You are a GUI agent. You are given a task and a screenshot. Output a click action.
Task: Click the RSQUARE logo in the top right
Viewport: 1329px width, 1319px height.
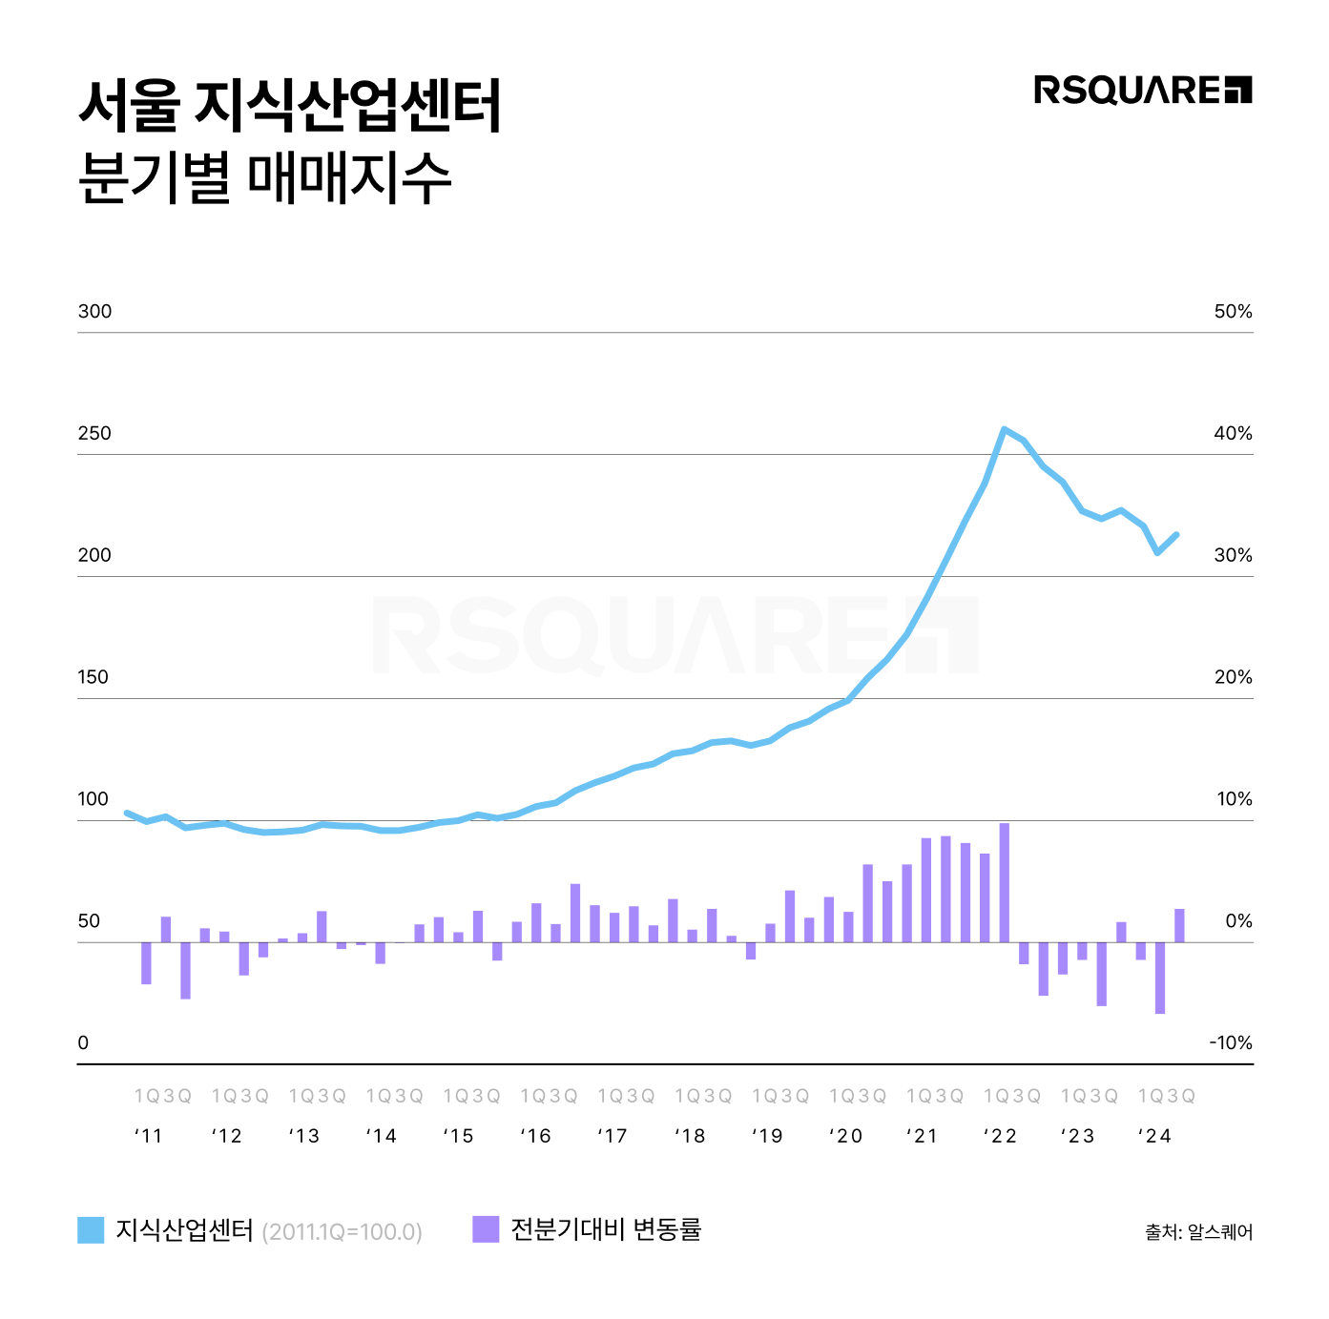[1142, 90]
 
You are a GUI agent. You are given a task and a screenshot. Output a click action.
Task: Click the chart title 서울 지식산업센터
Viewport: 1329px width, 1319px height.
[290, 106]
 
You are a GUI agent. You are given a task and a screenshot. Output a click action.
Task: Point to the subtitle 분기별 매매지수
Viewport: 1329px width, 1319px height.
[264, 177]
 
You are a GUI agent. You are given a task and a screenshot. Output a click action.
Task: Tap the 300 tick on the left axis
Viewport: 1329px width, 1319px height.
[94, 312]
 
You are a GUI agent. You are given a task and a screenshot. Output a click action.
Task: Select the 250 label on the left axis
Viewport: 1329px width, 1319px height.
[94, 434]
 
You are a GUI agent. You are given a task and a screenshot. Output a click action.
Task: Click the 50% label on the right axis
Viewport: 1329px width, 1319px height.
[1233, 312]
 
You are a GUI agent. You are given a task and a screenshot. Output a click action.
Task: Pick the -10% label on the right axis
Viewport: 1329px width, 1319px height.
[1231, 1043]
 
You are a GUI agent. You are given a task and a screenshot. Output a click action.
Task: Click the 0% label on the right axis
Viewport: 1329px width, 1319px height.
[1238, 921]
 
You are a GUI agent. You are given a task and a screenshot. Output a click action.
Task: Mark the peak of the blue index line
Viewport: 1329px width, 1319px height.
[1004, 430]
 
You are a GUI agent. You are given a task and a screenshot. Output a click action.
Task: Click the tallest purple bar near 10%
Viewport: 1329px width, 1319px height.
[1004, 882]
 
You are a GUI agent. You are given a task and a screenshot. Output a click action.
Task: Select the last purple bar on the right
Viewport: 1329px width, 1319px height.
[1179, 925]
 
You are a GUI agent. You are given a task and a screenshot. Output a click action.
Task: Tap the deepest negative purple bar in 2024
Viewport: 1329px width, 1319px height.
[1160, 978]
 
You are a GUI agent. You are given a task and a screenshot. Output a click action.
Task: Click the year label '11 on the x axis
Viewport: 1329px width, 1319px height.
[149, 1136]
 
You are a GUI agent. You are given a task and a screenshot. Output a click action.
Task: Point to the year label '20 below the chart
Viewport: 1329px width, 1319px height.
[845, 1136]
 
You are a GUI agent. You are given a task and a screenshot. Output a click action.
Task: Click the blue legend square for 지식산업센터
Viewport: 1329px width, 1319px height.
[91, 1230]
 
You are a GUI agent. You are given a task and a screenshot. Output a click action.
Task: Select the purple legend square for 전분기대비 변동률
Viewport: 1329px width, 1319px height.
[486, 1229]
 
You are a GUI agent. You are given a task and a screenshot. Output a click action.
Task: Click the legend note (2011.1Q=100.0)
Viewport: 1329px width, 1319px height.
[342, 1232]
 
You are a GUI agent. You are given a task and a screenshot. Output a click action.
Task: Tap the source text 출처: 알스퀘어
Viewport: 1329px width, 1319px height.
[1199, 1232]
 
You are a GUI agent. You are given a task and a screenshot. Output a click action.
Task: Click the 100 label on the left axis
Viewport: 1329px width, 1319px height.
[93, 799]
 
